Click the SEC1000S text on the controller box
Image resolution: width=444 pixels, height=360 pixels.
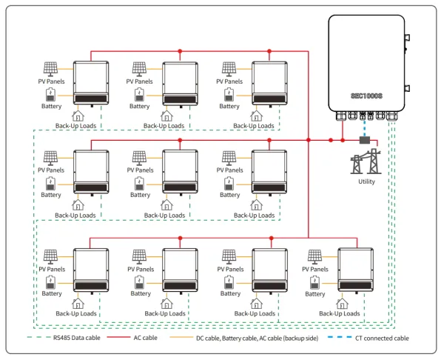tap(367, 96)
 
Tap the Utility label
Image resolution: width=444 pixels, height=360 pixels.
tap(366, 181)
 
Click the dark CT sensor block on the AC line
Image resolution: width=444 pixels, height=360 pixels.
tap(365, 140)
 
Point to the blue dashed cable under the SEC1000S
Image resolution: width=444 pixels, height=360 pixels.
tap(365, 129)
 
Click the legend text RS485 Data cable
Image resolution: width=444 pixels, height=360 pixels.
tap(77, 338)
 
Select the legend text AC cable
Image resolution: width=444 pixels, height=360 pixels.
tap(145, 338)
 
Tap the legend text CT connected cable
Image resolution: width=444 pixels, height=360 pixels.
tap(382, 338)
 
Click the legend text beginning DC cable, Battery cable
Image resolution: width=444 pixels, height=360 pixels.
tap(257, 339)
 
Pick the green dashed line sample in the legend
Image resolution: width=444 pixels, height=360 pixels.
tap(38, 337)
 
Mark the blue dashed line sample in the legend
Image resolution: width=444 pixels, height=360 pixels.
tap(340, 337)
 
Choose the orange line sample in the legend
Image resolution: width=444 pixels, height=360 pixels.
tap(181, 337)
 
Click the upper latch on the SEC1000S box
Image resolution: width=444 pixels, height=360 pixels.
tap(407, 38)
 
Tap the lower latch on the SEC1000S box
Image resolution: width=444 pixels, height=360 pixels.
tap(407, 88)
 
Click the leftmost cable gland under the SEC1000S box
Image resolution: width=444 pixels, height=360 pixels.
tap(341, 116)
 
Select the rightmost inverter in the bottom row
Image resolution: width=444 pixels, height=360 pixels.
tap(356, 270)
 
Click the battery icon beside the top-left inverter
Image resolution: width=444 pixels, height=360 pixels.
tap(50, 95)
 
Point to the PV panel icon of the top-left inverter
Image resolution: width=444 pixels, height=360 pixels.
tap(50, 70)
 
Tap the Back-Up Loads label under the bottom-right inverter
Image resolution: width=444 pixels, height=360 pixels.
tap(339, 313)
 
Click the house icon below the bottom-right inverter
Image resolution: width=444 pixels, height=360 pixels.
tap(342, 304)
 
